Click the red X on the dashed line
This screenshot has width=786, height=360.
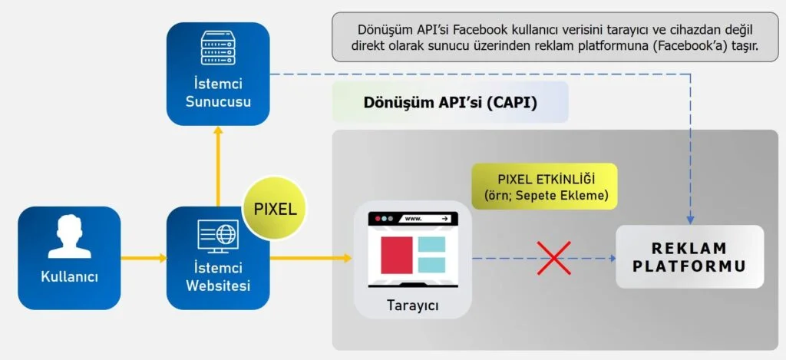point(553,258)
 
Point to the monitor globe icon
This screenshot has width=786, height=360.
point(218,236)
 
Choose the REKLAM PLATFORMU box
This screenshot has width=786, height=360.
point(689,257)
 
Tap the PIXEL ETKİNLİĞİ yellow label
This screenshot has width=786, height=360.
point(544,186)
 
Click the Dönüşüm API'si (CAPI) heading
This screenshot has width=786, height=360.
point(449,103)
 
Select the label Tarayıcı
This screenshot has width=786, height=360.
point(411,306)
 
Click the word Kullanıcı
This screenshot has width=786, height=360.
point(69,277)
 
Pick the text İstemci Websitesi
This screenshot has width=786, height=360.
point(218,277)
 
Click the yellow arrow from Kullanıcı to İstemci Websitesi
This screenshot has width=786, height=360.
point(143,258)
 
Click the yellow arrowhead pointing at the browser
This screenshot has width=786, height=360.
point(348,258)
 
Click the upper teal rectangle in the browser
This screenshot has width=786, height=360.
point(431,246)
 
